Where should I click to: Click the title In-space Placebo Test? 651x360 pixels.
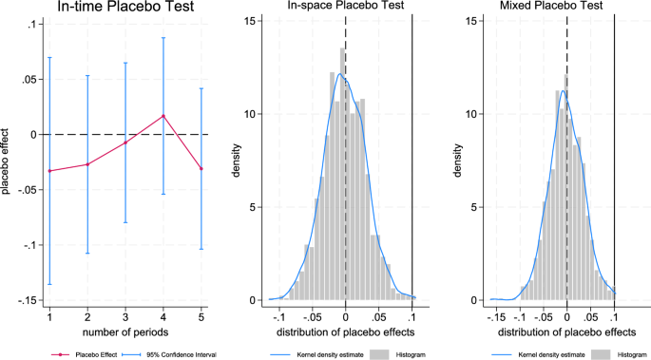pyautogui.click(x=344, y=9)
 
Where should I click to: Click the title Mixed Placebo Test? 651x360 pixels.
pyautogui.click(x=566, y=9)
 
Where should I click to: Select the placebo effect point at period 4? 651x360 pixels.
pyautogui.click(x=163, y=116)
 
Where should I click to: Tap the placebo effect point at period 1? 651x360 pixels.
pyautogui.click(x=49, y=171)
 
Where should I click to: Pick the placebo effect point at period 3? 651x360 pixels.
pyautogui.click(x=125, y=142)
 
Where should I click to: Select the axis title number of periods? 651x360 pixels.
pyautogui.click(x=125, y=331)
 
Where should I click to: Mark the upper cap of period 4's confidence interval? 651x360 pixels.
pyautogui.click(x=163, y=38)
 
